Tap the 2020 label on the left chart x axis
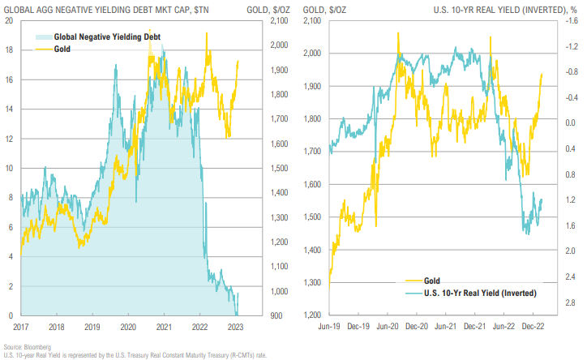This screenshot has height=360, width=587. [127, 326]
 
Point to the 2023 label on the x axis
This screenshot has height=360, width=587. [236, 326]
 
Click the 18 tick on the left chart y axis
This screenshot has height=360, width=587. [10, 50]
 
